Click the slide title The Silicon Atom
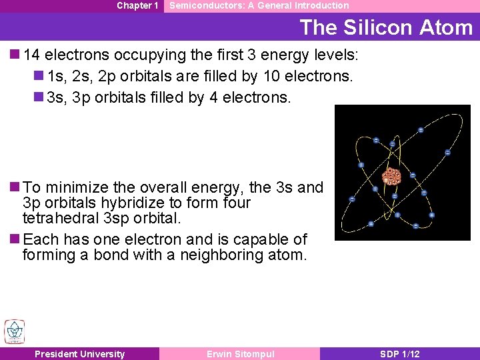coord(386,27)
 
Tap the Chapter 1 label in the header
coord(137,5)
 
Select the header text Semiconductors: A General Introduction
coord(259,5)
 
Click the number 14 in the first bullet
coord(31,55)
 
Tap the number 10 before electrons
coord(273,76)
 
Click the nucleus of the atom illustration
coord(391,177)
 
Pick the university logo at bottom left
coord(15,331)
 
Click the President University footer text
coord(79,354)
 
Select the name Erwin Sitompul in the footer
coord(240,354)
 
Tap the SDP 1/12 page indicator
coord(400,354)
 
